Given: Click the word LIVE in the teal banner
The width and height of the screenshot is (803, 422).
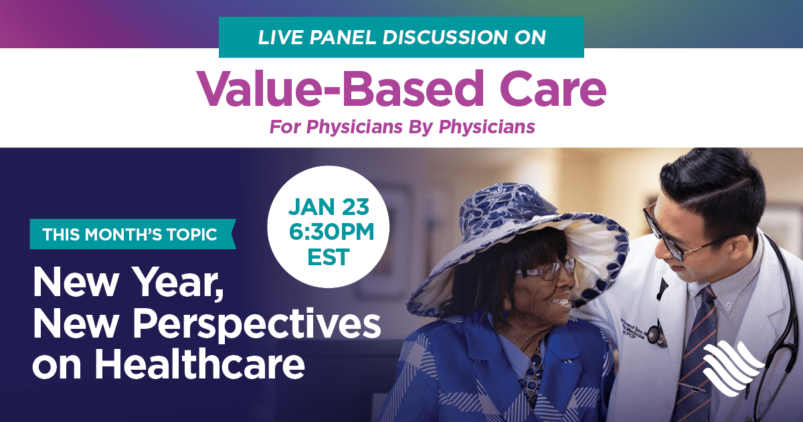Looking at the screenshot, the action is (x=280, y=38).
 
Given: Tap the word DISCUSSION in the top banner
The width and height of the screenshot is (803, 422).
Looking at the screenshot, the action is (x=445, y=38).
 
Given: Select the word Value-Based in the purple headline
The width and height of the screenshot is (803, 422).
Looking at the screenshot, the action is (x=341, y=88).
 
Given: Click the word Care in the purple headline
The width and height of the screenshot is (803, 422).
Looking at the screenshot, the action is (x=553, y=88).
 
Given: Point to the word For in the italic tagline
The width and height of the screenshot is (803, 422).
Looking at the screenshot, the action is (x=285, y=127).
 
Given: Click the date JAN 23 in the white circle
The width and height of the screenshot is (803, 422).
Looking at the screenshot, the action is (x=329, y=207).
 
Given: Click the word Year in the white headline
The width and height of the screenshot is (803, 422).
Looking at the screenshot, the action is (x=180, y=283).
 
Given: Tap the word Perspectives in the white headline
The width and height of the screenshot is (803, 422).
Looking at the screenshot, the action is (x=257, y=324).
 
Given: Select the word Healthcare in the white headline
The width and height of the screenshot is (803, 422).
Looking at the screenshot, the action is (x=199, y=364).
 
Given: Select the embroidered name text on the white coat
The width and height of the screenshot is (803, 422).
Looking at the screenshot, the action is (x=634, y=332).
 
